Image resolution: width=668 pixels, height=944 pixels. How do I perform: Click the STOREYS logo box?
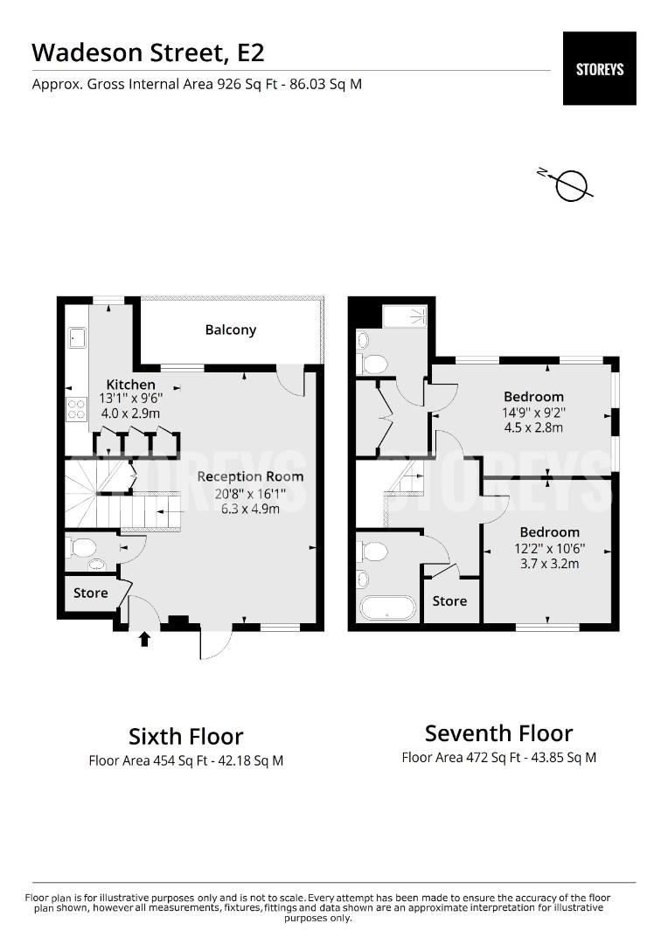click(x=599, y=69)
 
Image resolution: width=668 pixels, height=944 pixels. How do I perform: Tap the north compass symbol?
click(x=570, y=184)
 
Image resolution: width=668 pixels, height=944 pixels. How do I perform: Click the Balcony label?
click(x=231, y=330)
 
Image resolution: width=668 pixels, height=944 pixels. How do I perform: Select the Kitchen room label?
click(x=130, y=384)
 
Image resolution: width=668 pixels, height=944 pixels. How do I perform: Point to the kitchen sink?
click(x=76, y=337)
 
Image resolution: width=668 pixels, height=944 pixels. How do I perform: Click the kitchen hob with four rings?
click(x=76, y=409)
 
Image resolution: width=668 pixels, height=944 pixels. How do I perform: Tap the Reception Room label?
click(x=250, y=477)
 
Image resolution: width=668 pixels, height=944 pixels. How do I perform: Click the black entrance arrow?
click(x=144, y=639)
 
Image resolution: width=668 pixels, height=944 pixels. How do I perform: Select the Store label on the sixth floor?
click(x=90, y=593)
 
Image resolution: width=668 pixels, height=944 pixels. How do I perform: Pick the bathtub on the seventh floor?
click(x=387, y=608)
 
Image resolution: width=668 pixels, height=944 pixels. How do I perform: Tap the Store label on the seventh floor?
click(x=449, y=600)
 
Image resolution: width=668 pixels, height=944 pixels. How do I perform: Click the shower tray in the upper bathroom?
click(x=405, y=316)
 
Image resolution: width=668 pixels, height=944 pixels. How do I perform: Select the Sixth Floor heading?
click(x=186, y=736)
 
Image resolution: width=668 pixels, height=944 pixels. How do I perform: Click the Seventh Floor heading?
click(x=498, y=733)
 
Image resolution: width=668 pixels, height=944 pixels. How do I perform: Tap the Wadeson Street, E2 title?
click(x=148, y=52)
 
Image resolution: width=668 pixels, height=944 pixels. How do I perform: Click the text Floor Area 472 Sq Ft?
click(x=461, y=757)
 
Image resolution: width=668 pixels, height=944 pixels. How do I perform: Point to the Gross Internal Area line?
click(x=197, y=84)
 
